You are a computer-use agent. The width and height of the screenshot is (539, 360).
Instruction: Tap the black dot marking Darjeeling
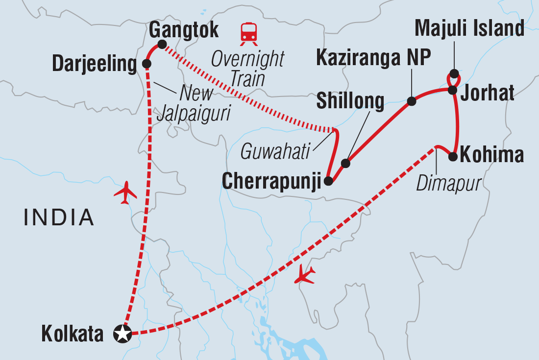tap(146, 64)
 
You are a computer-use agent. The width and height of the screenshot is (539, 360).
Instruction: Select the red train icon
tap(248, 32)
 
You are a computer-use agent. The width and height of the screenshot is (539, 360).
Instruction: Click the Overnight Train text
tap(247, 69)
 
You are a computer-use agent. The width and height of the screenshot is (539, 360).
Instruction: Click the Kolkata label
tap(73, 335)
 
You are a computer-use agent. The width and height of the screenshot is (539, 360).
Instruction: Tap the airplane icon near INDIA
tap(125, 192)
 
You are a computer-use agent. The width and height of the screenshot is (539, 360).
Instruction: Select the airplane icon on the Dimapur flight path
tap(305, 276)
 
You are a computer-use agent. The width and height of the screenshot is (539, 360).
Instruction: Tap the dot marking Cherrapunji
tap(328, 181)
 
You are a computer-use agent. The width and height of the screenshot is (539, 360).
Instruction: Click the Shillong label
tap(350, 101)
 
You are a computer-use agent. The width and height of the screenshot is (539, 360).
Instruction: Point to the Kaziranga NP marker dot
tap(412, 101)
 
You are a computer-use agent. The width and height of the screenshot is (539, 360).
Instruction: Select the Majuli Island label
tap(469, 29)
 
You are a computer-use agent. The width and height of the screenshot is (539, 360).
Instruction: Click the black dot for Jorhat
tap(453, 90)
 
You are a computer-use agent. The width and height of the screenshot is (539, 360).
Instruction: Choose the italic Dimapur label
tap(448, 184)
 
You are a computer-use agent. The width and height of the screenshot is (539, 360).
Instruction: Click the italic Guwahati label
tap(276, 152)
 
